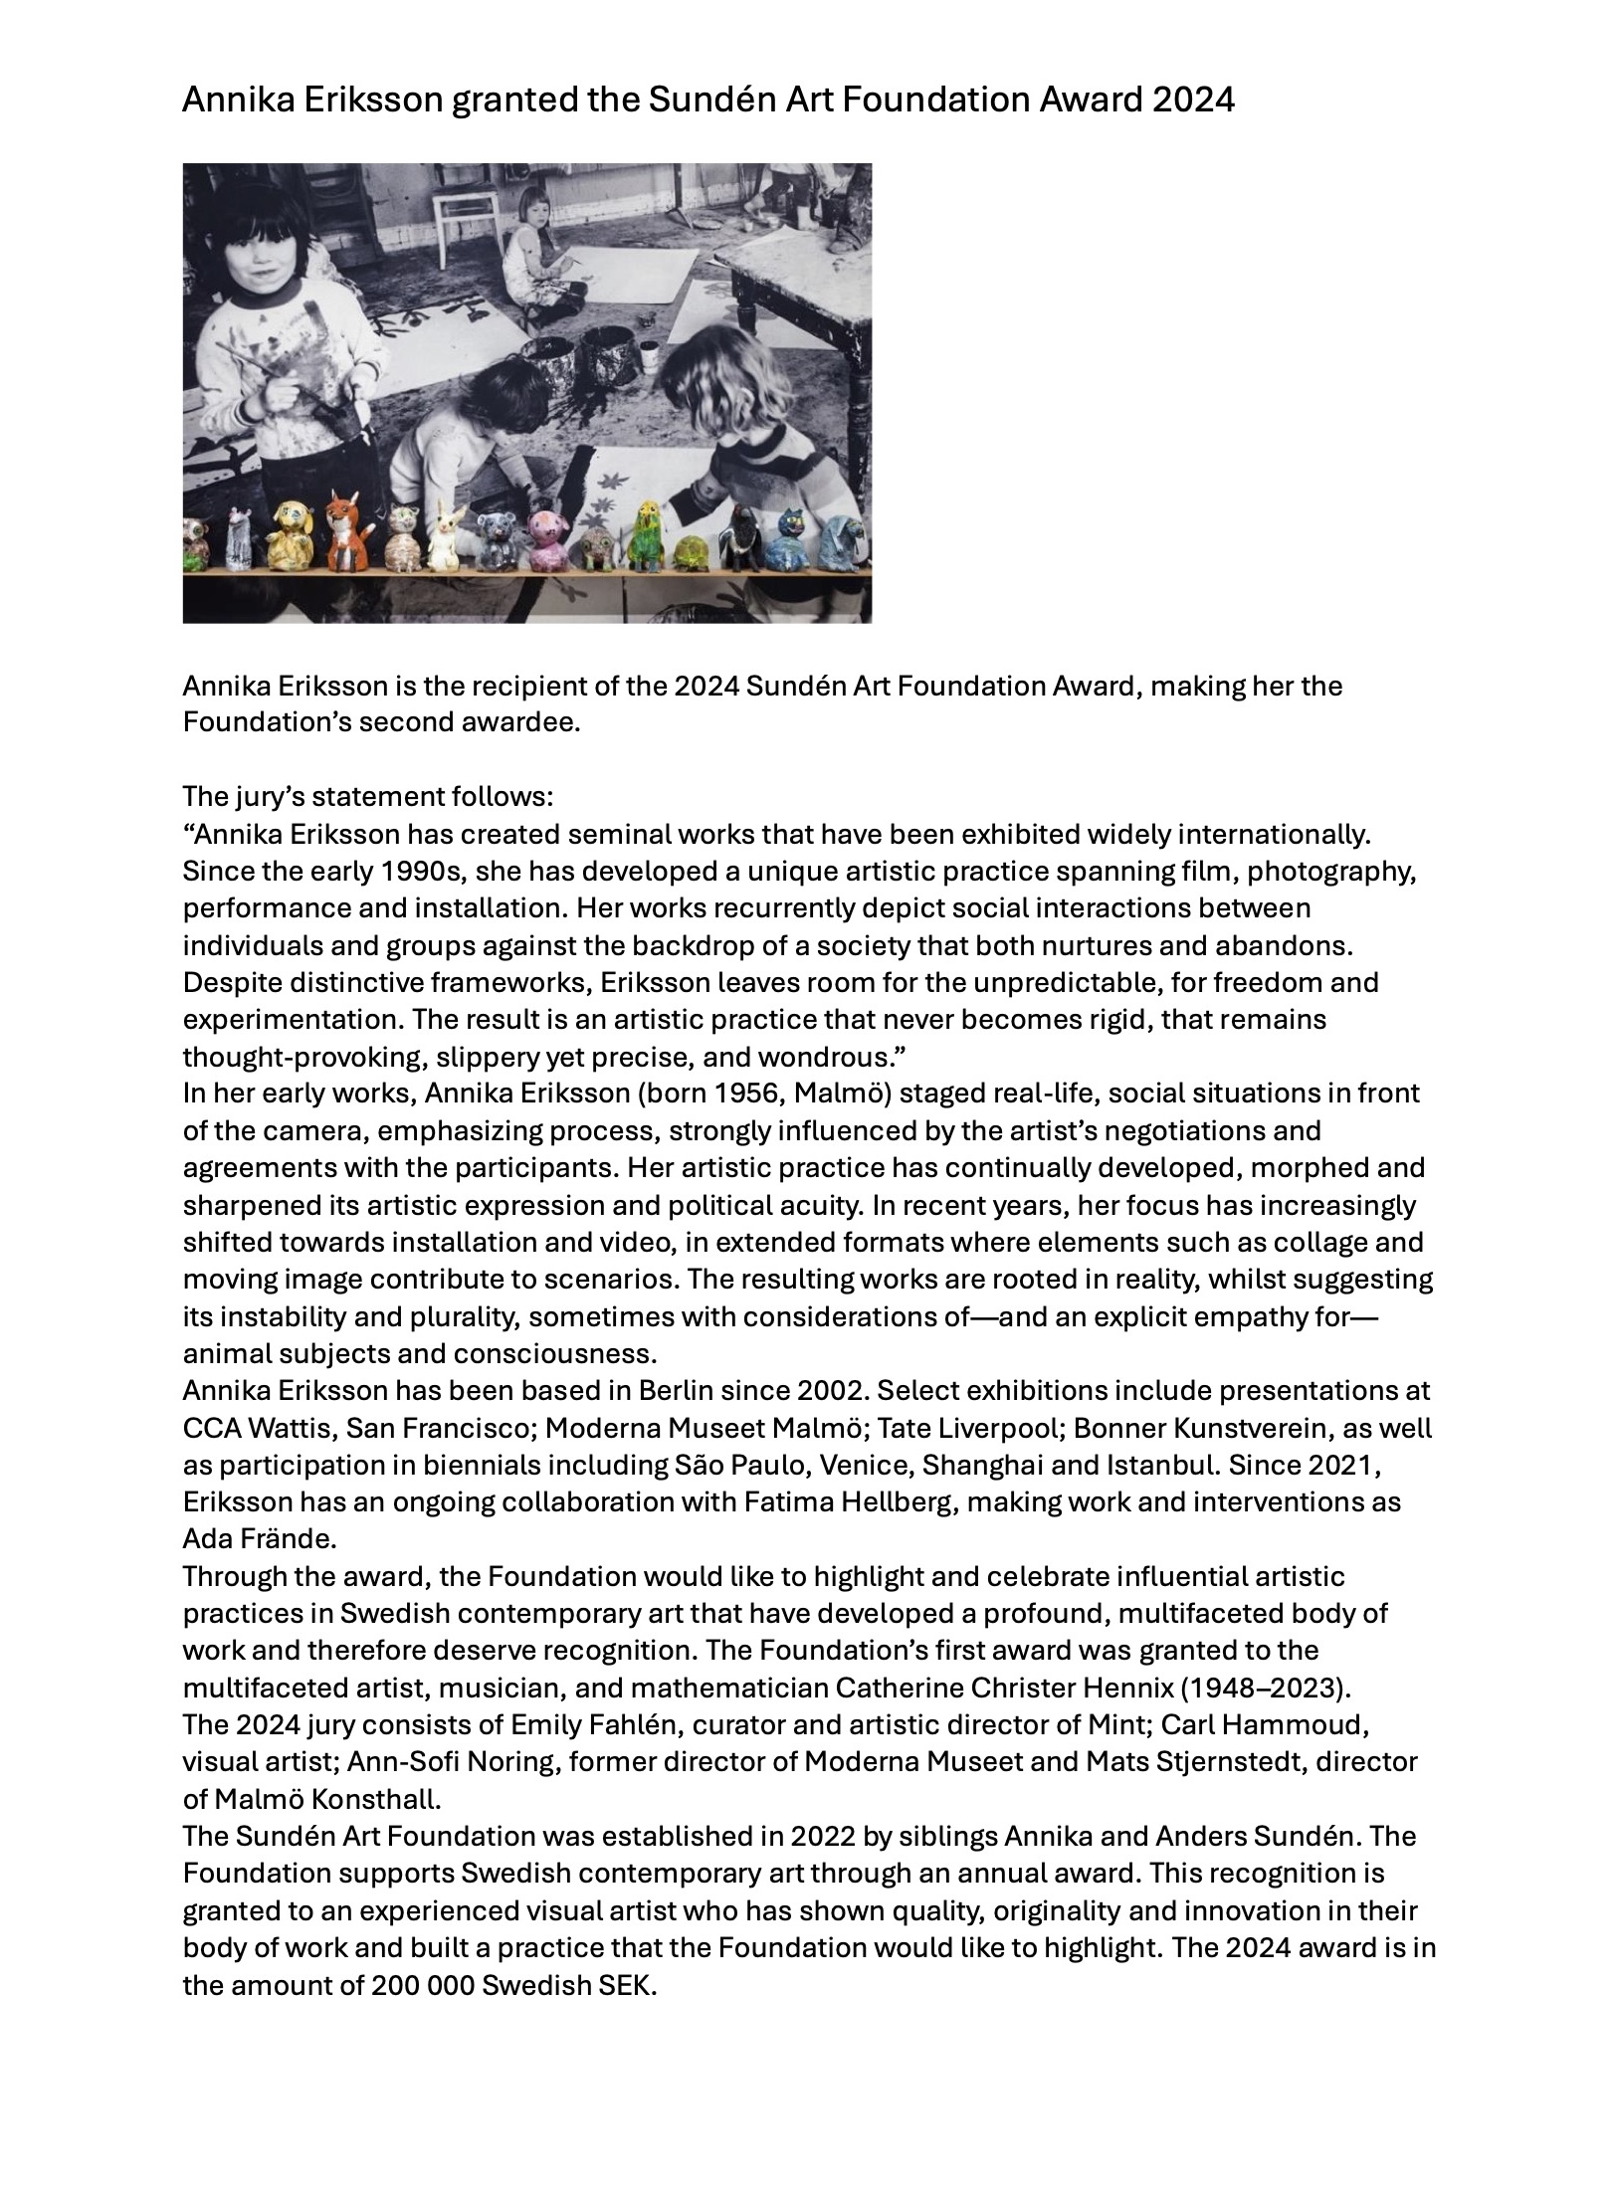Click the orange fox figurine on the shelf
click(345, 530)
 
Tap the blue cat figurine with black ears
click(793, 539)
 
